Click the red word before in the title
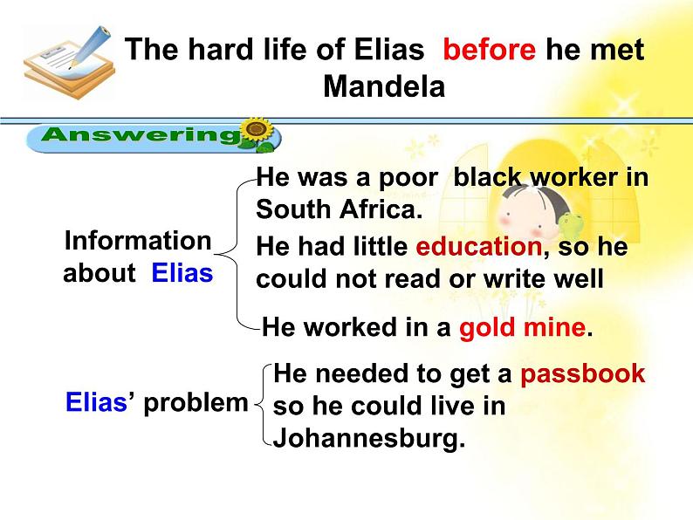(x=489, y=49)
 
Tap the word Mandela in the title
(x=384, y=86)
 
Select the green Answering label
(x=141, y=134)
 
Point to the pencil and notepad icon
(x=68, y=62)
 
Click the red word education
(x=479, y=247)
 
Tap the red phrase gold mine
(x=523, y=328)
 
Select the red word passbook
(x=582, y=374)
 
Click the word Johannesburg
(x=369, y=438)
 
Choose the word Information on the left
(x=138, y=241)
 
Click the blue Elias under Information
(x=182, y=273)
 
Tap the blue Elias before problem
(x=96, y=402)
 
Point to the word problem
(x=196, y=404)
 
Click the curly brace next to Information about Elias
(x=235, y=255)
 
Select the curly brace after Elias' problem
(x=263, y=404)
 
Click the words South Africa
(x=339, y=209)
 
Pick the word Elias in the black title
(x=389, y=49)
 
